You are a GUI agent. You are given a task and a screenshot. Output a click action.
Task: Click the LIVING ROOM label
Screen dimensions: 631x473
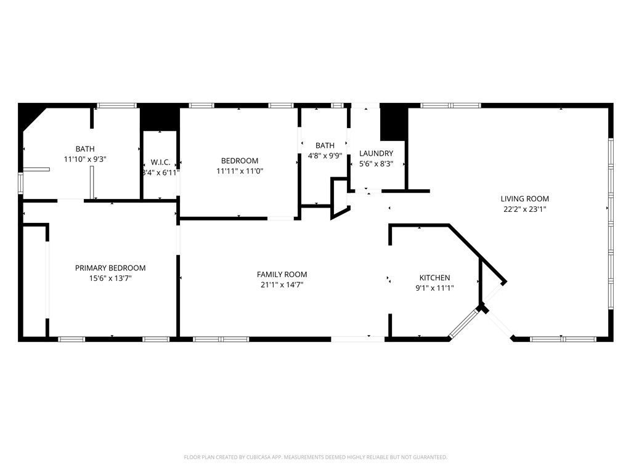(x=524, y=199)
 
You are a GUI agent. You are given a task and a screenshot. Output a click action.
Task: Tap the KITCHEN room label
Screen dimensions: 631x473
(x=434, y=278)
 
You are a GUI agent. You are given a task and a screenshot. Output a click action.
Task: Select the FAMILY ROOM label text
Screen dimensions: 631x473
(x=282, y=274)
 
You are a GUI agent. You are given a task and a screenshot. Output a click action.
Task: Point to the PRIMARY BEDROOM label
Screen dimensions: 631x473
(x=110, y=268)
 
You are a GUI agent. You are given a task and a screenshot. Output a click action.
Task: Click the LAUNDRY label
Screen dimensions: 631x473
(x=376, y=153)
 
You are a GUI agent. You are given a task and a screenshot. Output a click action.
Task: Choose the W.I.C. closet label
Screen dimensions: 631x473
(x=161, y=163)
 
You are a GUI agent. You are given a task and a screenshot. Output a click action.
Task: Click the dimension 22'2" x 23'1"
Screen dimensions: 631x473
(x=524, y=209)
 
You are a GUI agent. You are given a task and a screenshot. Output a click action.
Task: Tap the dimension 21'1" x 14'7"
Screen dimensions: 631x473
(x=282, y=285)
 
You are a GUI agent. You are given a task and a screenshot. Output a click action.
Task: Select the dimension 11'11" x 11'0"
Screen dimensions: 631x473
(x=240, y=171)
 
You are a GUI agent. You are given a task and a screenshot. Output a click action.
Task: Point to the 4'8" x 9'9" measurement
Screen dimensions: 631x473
(x=325, y=156)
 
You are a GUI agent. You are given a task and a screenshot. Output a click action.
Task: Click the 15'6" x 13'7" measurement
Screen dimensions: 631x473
(x=110, y=278)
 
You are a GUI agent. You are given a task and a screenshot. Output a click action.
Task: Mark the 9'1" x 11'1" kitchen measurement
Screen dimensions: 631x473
(x=434, y=288)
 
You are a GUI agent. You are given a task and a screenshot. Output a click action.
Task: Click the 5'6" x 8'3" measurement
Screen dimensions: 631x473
(x=376, y=164)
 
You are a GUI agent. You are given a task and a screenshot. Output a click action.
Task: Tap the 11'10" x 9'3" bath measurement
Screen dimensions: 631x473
(x=85, y=160)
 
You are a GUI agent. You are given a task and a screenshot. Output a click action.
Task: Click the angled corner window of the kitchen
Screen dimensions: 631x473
(x=464, y=323)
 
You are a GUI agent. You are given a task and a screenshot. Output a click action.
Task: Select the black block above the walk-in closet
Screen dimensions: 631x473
(x=160, y=117)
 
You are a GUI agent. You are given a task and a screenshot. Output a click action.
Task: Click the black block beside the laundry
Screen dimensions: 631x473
(x=393, y=123)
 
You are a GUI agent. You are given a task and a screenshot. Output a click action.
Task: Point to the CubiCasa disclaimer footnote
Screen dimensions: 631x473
(x=315, y=458)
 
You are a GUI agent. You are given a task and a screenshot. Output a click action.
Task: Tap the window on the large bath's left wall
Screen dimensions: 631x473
(x=20, y=183)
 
